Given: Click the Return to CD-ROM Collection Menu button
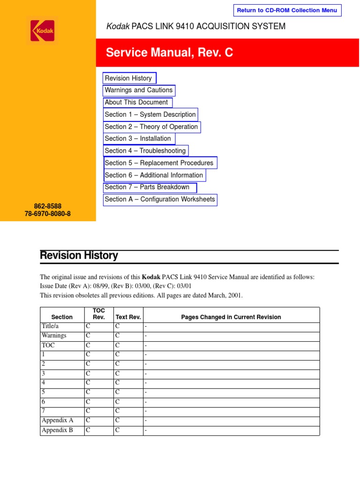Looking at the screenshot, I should pyautogui.click(x=287, y=10).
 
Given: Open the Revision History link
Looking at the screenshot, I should pyautogui.click(x=129, y=78).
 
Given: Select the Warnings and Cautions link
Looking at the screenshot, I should pyautogui.click(x=139, y=90).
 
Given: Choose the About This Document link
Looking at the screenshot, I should pyautogui.click(x=137, y=102).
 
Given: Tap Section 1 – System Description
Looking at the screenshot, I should pyautogui.click(x=150, y=114).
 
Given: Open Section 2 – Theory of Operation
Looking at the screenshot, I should pyautogui.click(x=151, y=127).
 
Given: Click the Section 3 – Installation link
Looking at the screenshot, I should pyautogui.click(x=138, y=139).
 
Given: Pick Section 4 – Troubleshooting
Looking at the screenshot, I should pyautogui.click(x=145, y=151).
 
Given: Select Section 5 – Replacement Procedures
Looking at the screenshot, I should pyautogui.click(x=159, y=163).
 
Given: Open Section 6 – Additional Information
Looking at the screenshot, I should pyautogui.click(x=154, y=175).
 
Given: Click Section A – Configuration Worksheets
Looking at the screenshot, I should pyautogui.click(x=160, y=199).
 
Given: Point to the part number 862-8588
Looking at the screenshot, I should pyautogui.click(x=48, y=206).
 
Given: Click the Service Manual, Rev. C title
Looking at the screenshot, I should pyautogui.click(x=169, y=52).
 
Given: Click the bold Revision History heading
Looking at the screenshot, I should pyautogui.click(x=79, y=256).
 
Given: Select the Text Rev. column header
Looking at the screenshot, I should pyautogui.click(x=128, y=317).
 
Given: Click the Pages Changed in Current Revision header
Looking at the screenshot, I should pyautogui.click(x=231, y=317).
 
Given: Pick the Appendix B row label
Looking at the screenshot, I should pyautogui.click(x=57, y=430).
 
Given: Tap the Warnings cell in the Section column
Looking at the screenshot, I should pyautogui.click(x=54, y=336).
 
